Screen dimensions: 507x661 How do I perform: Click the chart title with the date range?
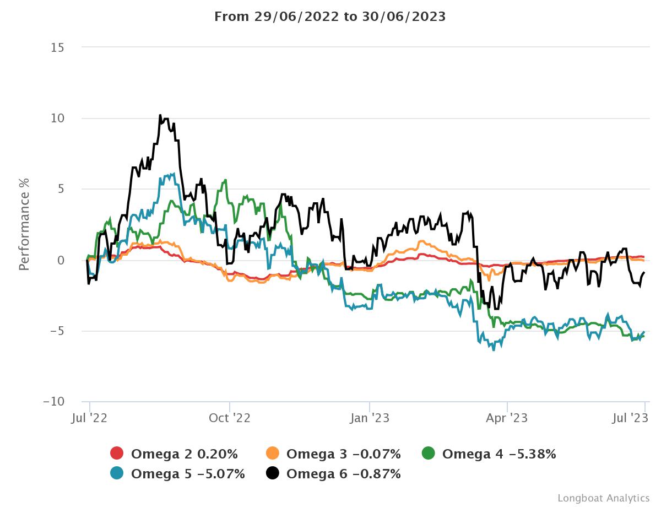click(330, 17)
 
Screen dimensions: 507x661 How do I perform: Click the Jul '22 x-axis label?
click(89, 418)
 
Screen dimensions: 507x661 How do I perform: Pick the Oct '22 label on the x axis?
click(230, 418)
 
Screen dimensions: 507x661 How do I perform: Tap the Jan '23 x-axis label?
click(370, 418)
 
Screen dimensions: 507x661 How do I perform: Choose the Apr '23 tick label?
click(507, 418)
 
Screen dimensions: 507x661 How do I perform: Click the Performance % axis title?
click(24, 224)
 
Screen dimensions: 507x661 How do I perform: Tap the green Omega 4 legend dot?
click(429, 454)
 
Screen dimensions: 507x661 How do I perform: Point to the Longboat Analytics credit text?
click(604, 498)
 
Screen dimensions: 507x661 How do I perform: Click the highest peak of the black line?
click(160, 115)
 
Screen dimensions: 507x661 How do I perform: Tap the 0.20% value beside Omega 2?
click(218, 454)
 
